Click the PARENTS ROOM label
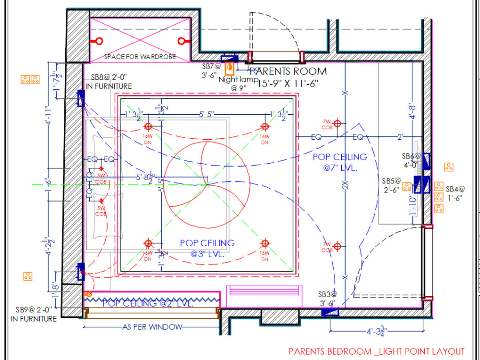coord(288,72)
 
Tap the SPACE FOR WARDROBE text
coord(140,57)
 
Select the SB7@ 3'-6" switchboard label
coord(211,71)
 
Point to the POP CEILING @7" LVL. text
coord(340,162)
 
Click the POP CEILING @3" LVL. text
coord(207,249)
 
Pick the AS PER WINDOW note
coord(152,327)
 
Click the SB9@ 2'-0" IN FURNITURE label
coord(34,314)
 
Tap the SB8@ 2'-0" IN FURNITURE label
coord(108,82)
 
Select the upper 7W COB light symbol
coord(337,123)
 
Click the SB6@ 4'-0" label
coord(411,160)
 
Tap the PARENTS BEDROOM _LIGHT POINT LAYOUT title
coord(376,351)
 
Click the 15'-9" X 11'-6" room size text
coord(288,84)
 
